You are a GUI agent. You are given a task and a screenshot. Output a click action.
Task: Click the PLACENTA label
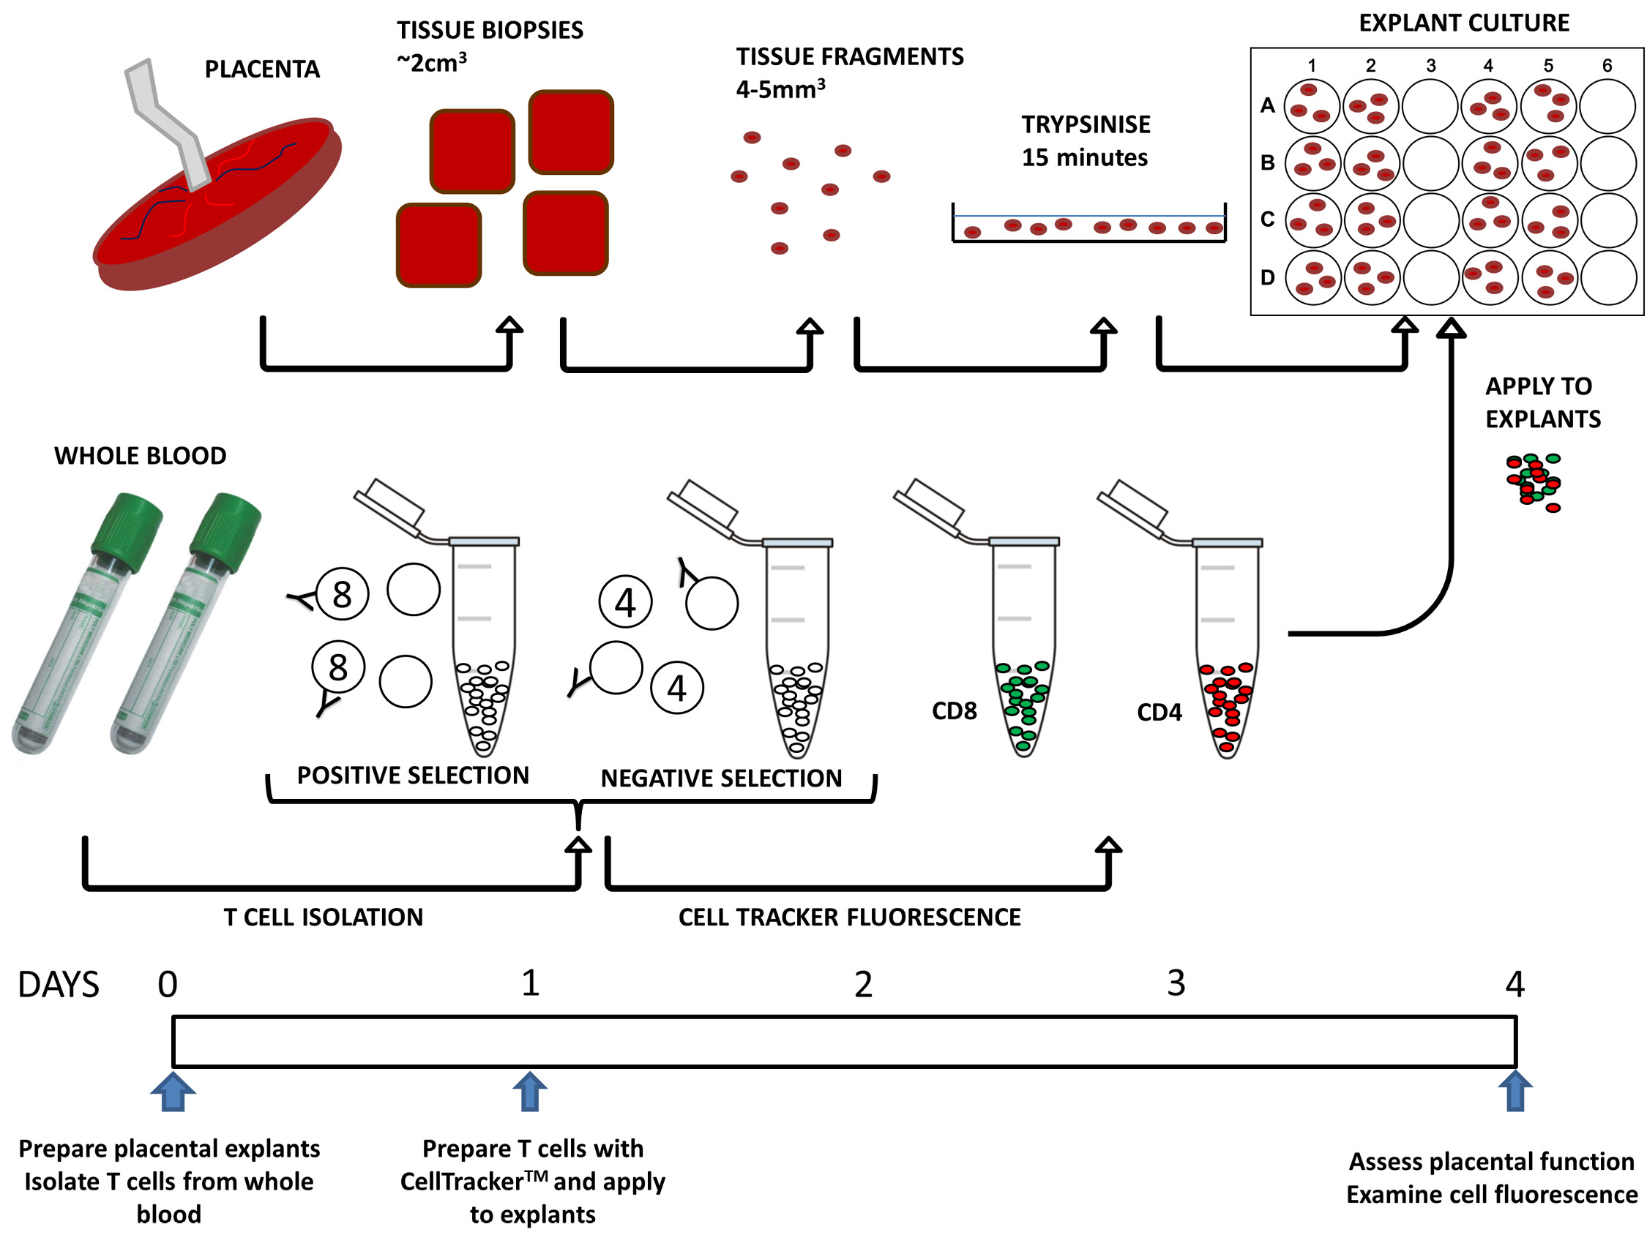coord(262,70)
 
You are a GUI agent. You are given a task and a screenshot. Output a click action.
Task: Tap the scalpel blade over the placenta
coord(168,119)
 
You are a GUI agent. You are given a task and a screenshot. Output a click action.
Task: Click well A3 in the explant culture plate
coord(1430,106)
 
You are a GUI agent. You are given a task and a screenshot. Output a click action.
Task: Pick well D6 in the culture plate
coord(1608,278)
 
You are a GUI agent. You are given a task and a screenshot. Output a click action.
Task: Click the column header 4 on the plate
coord(1488,66)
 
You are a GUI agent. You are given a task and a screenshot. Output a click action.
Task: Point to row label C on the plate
coord(1267,219)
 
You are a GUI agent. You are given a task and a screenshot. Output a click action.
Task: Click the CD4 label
coord(1159,713)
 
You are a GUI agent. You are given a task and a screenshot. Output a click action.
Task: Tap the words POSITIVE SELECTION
coord(413,776)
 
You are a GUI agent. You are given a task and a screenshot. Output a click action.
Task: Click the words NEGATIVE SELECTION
coord(722,778)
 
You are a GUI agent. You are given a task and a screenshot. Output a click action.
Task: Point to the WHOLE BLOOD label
coord(140,456)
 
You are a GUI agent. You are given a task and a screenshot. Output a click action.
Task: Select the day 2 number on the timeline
coord(863,984)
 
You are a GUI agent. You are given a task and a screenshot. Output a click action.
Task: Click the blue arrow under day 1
coord(530,1092)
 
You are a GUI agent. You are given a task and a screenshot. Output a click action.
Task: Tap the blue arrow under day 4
coord(1515,1092)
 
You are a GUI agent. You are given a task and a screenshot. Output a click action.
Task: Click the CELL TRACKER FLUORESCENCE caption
coord(850,917)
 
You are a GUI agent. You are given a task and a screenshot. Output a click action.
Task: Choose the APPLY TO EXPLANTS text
coord(1543,402)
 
